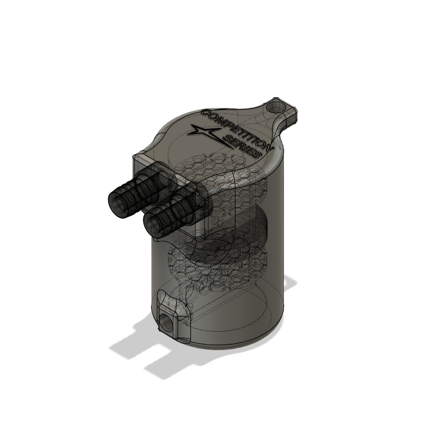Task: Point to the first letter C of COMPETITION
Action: [x=206, y=113]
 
